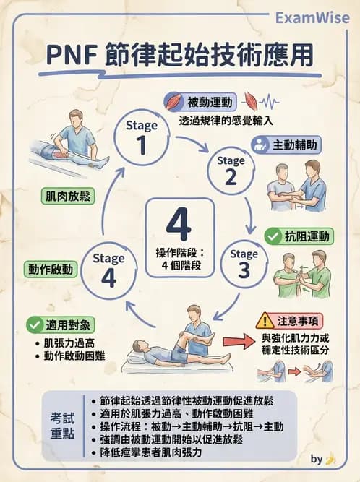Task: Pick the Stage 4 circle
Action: [x=108, y=270]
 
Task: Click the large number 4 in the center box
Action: [x=179, y=226]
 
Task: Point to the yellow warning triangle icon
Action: [x=265, y=319]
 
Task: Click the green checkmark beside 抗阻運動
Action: [x=273, y=236]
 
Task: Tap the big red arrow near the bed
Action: [x=238, y=340]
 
